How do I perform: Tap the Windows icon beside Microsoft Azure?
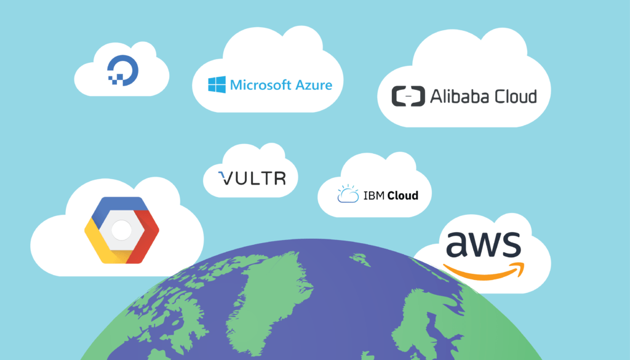coord(217,84)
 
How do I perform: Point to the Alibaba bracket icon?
coord(409,96)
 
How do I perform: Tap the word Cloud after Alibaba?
coord(514,96)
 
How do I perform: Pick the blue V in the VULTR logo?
coord(225,178)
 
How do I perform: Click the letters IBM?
coord(373,196)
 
